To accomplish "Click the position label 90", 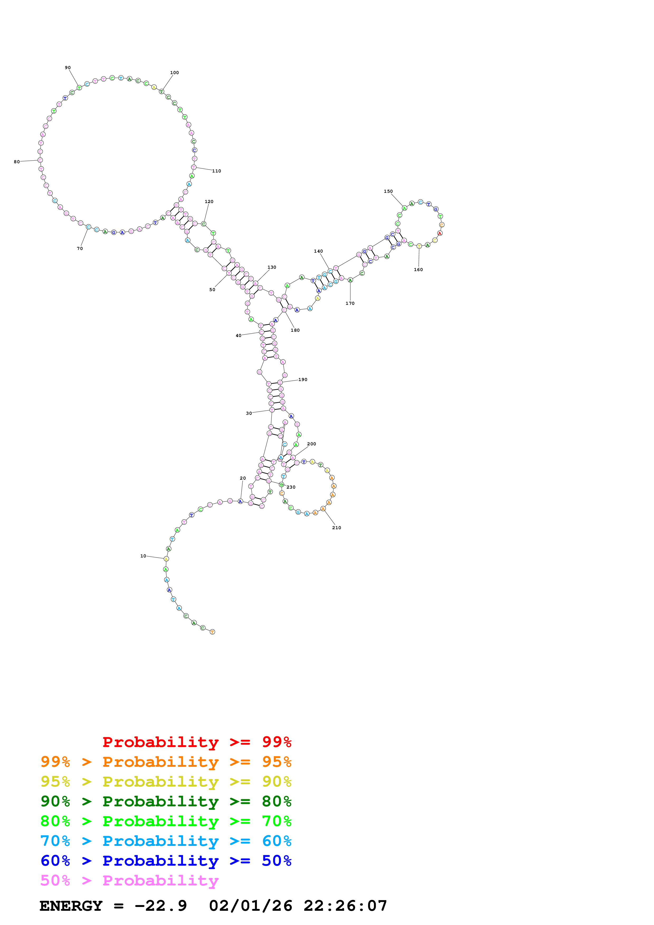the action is coord(68,68).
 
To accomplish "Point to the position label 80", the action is coord(17,162).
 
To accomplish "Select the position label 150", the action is coord(388,191).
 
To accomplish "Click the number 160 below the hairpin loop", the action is coord(418,269).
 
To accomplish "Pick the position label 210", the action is coord(336,528).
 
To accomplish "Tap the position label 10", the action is coord(143,556).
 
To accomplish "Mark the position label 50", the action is coord(212,290).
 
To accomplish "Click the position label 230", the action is coord(291,487).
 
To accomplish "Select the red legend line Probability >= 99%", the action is coord(197,742).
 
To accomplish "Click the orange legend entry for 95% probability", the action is coord(166,762).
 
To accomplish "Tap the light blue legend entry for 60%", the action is coord(166,841).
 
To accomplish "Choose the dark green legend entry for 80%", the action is coord(166,801).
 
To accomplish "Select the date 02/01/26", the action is coord(250,906).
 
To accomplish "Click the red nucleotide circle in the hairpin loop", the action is coord(440,233).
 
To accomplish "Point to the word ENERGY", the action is coord(71,906).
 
